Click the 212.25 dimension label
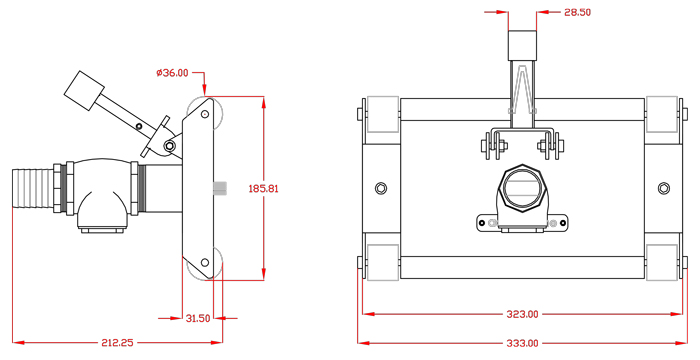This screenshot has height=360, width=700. coord(117,343)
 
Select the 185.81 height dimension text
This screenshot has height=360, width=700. coord(263,188)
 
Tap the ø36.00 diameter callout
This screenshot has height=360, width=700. coord(172,73)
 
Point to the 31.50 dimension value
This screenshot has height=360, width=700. coord(198,318)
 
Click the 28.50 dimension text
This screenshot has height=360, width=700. coord(578,12)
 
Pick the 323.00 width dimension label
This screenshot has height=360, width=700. coord(522,314)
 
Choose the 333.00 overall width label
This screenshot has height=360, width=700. coord(522,343)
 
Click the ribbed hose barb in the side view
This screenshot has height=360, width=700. coord(33,188)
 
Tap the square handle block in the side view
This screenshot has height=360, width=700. coord(84,91)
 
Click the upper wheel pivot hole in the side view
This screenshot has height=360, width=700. coord(205,114)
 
